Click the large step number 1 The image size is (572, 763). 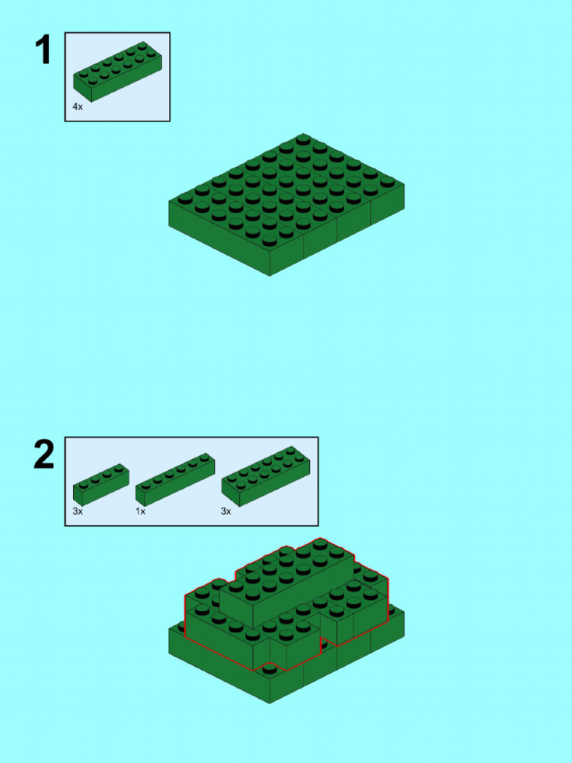44,50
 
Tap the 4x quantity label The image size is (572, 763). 77,107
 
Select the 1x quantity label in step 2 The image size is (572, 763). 140,512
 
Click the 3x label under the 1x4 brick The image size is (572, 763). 77,512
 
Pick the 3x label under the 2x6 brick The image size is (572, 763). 226,512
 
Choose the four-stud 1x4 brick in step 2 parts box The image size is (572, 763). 101,484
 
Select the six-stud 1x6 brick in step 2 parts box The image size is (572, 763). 176,481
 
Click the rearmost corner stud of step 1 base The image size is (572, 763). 303,139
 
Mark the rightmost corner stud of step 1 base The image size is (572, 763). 387,181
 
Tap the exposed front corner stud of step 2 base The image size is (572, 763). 270,668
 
